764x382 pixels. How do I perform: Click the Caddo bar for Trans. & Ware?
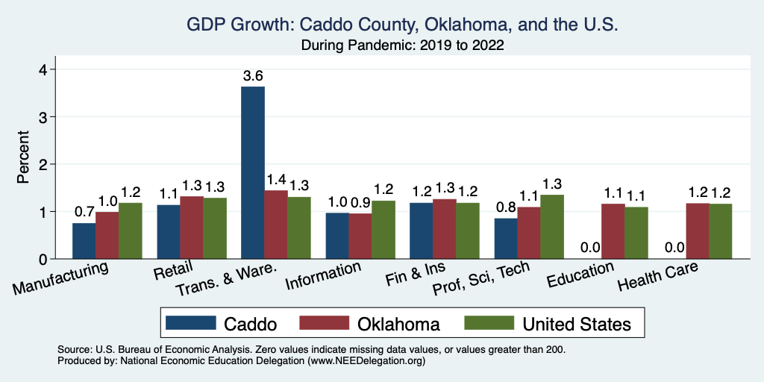tap(253, 173)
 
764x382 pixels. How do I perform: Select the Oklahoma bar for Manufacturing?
tap(107, 236)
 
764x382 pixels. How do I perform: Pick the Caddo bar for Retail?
tap(169, 232)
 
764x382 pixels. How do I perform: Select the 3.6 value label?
tap(253, 76)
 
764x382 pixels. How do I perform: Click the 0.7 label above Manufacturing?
tap(84, 212)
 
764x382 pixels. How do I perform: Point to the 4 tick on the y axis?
tap(43, 69)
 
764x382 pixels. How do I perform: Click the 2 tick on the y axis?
tap(43, 164)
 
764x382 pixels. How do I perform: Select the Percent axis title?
tap(24, 158)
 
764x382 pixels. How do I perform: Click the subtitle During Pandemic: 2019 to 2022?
tap(402, 46)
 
